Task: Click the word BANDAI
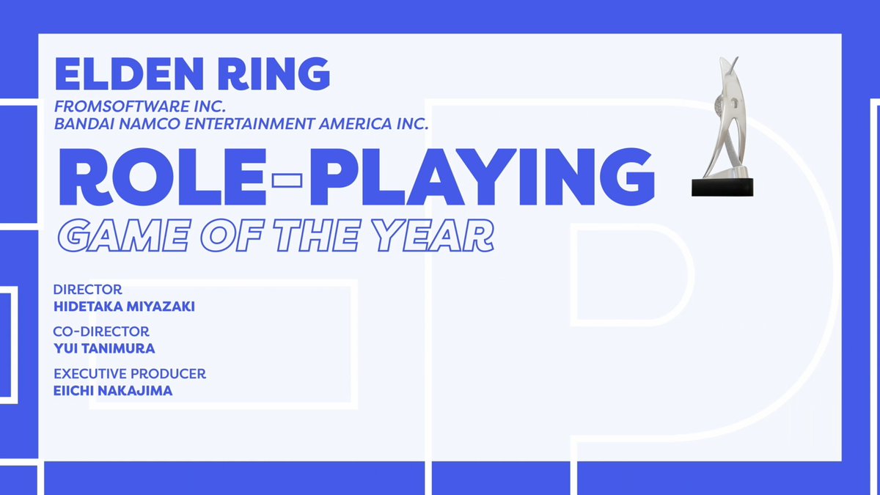click(x=81, y=124)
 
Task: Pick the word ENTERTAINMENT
click(x=250, y=124)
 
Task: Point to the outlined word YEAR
click(x=447, y=235)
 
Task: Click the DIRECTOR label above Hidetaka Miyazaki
click(x=88, y=290)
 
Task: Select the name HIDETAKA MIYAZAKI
click(x=124, y=307)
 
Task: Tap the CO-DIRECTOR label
click(x=101, y=331)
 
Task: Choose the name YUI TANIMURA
click(x=104, y=348)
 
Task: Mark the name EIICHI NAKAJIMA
click(x=113, y=390)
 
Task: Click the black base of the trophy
click(x=723, y=186)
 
